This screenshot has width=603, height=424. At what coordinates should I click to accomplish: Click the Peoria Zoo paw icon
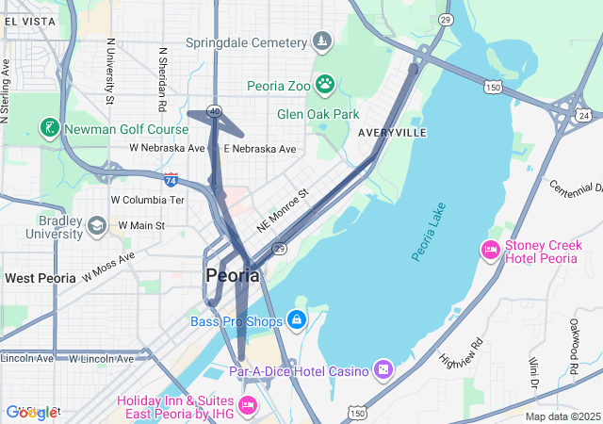pyautogui.click(x=325, y=85)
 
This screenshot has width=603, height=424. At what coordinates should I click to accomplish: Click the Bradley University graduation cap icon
pyautogui.click(x=96, y=226)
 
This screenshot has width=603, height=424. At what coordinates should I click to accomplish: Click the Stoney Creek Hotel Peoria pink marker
pyautogui.click(x=490, y=251)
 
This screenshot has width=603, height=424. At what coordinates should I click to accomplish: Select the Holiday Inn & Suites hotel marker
pyautogui.click(x=248, y=406)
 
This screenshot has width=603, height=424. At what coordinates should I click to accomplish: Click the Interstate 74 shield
pyautogui.click(x=171, y=178)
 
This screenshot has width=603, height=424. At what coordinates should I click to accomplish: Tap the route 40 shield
pyautogui.click(x=215, y=112)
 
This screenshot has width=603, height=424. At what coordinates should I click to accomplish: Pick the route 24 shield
pyautogui.click(x=584, y=115)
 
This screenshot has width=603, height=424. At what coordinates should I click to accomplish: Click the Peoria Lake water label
pyautogui.click(x=429, y=231)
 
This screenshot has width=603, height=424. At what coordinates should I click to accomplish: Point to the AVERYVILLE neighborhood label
pyautogui.click(x=392, y=134)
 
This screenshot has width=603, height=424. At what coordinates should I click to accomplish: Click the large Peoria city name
pyautogui.click(x=233, y=276)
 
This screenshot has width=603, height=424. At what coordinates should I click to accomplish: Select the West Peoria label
pyautogui.click(x=41, y=278)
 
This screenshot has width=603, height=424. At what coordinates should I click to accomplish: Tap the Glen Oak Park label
pyautogui.click(x=318, y=114)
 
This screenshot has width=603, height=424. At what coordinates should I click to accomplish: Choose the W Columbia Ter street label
pyautogui.click(x=148, y=200)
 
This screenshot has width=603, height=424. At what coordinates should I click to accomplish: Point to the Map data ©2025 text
pyautogui.click(x=562, y=416)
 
